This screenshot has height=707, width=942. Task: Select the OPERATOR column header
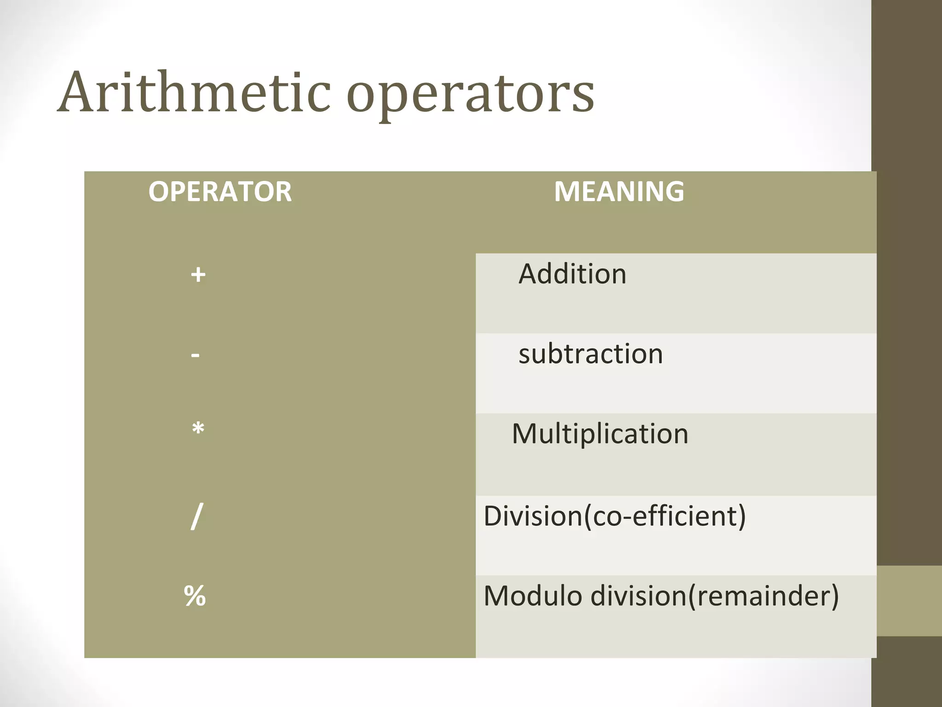tap(220, 191)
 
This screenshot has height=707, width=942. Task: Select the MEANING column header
tap(619, 191)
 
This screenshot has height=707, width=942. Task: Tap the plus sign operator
tap(198, 275)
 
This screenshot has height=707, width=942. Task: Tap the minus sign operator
tap(195, 355)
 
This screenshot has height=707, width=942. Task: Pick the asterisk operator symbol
tap(198, 429)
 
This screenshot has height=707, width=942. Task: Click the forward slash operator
tap(196, 516)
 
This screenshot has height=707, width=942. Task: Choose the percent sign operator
tap(195, 596)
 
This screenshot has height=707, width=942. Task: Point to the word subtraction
tap(591, 354)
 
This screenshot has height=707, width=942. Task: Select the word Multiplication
tap(600, 434)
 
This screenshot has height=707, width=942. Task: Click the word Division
tap(533, 516)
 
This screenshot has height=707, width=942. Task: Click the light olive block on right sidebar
tap(909, 601)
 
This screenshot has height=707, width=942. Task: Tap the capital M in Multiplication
tap(525, 434)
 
